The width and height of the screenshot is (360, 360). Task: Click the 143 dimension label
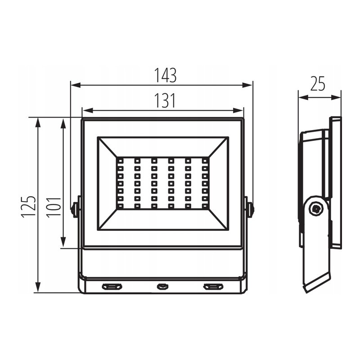coord(165,75)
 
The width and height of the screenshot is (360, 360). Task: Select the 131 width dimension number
coord(165,100)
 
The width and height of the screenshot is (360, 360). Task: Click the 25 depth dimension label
coord(318,84)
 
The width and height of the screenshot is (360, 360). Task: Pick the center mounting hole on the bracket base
coord(162,286)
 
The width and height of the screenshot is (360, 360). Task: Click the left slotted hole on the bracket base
coord(112,286)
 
